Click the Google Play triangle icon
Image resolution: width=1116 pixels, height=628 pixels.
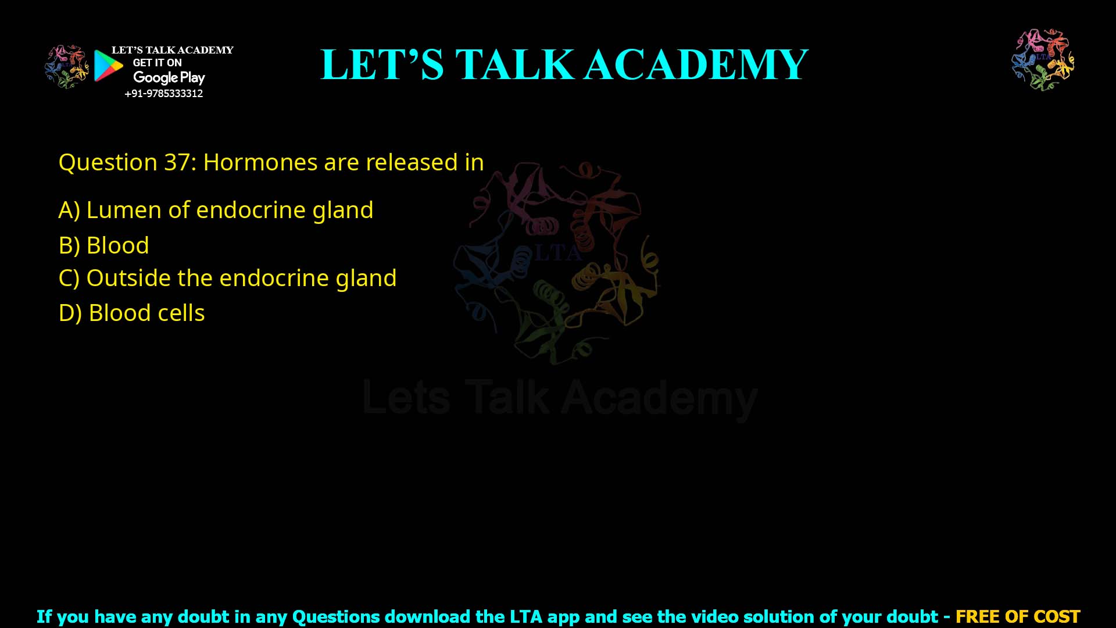coord(108,66)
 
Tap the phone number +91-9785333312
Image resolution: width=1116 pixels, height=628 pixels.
coord(164,94)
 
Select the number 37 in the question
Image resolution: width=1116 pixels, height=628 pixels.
coord(176,162)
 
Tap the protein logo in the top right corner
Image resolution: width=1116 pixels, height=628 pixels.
coord(1043,59)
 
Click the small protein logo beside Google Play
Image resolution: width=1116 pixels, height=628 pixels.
coord(66,67)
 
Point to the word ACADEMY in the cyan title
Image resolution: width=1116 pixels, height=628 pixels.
coord(696,65)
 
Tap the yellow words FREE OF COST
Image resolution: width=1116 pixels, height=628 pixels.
coord(1018,616)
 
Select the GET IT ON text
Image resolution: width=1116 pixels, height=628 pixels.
coord(157,63)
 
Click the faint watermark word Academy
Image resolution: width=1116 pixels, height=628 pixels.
coord(659,399)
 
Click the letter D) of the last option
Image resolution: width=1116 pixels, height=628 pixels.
coord(70,313)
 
